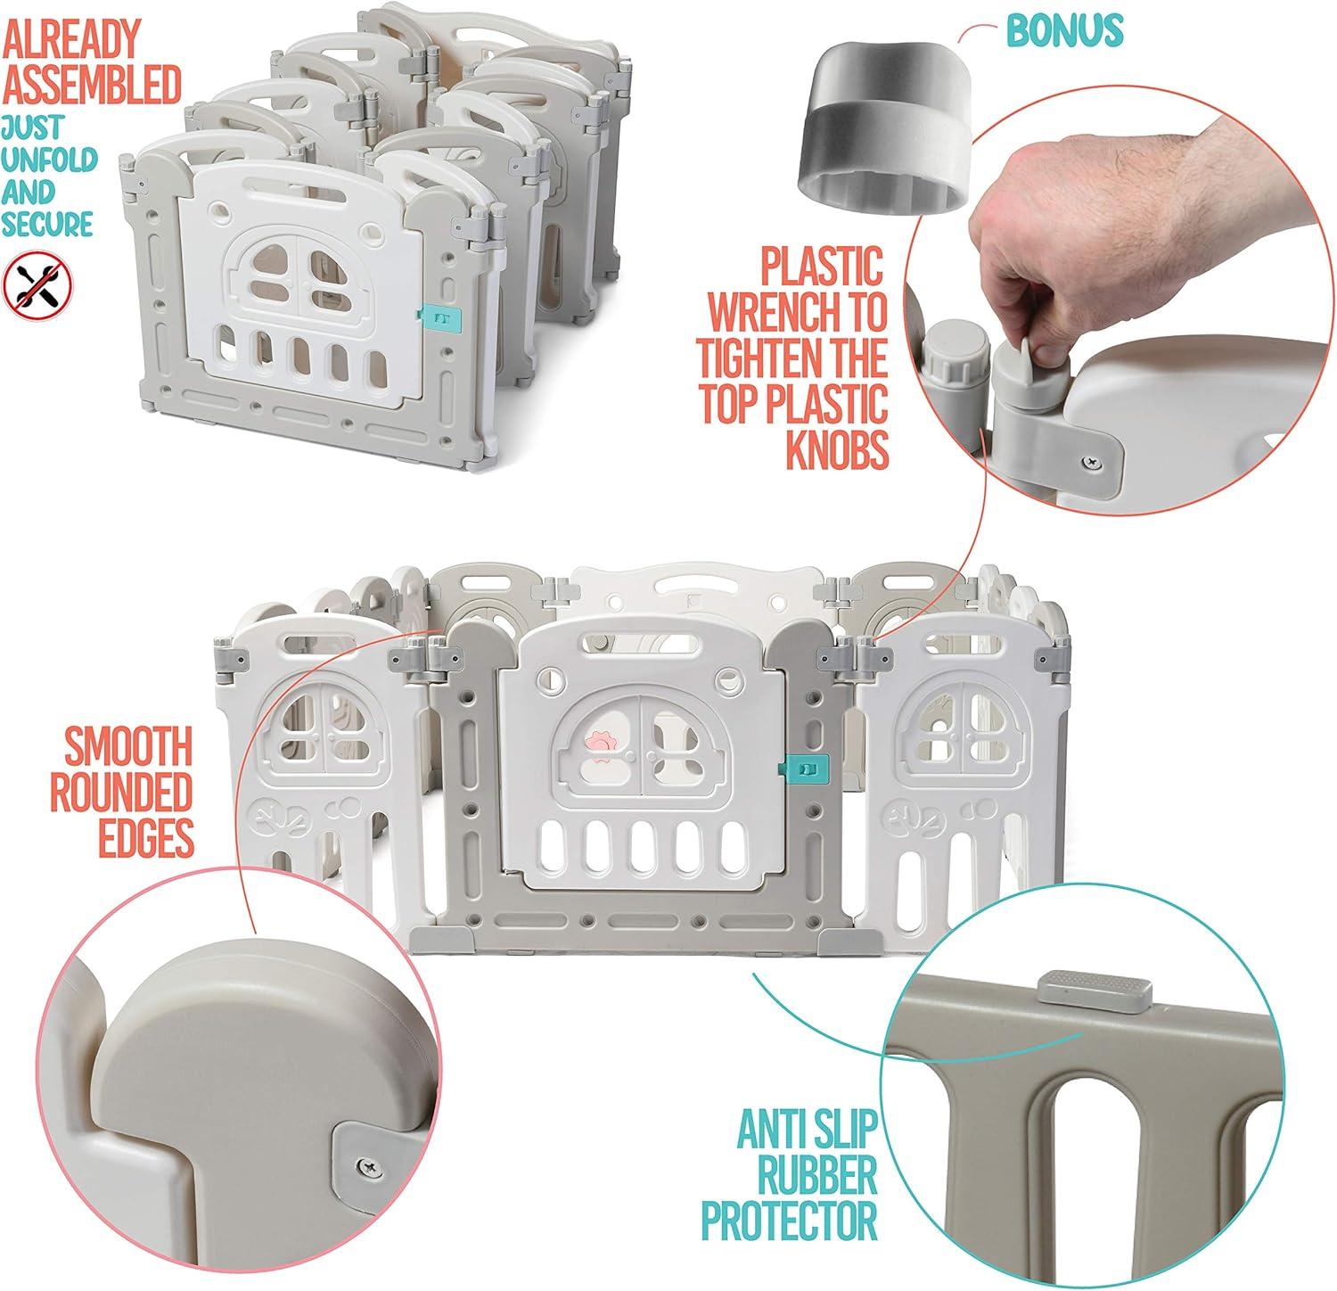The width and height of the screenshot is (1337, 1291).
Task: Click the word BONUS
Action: [1064, 30]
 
